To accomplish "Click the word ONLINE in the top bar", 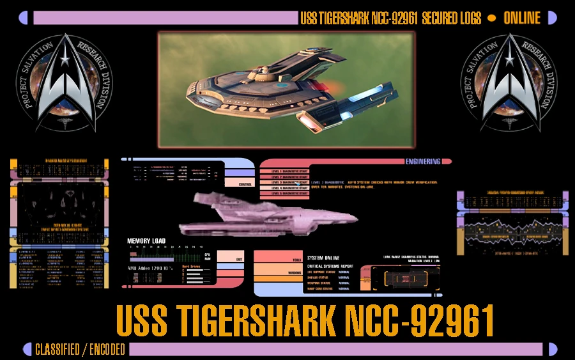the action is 522,18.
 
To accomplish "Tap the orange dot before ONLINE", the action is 492,18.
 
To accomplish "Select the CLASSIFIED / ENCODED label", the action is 80,349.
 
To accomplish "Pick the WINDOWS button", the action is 295,273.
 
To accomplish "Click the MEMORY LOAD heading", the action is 146,241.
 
